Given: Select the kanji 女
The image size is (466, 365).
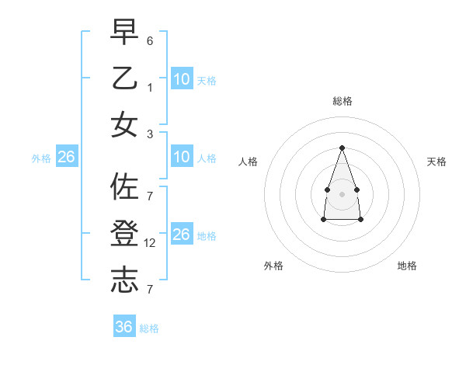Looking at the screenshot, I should [x=124, y=125].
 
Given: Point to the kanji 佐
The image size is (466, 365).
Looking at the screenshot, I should [x=124, y=187].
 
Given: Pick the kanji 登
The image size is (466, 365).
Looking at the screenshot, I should [x=124, y=234].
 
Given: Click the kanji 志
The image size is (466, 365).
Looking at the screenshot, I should [x=124, y=280].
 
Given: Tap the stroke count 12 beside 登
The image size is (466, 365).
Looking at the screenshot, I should [x=151, y=243].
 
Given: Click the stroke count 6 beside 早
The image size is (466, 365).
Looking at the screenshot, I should [x=150, y=40].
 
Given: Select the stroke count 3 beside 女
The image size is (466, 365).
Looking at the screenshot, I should [x=150, y=134].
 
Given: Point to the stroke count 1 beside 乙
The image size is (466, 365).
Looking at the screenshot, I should [x=150, y=87].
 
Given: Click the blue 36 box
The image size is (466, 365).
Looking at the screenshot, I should [x=123, y=327].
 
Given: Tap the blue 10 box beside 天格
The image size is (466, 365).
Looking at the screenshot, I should [x=181, y=79].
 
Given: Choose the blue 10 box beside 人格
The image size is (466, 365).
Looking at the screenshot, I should [x=181, y=158].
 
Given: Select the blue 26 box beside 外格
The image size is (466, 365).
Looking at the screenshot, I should [x=66, y=158].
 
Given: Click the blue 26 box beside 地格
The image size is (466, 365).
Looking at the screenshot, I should [x=181, y=235].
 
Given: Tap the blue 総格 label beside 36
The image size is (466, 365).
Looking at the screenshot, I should [x=149, y=328].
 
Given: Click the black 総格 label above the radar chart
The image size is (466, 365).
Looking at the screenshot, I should [x=342, y=101].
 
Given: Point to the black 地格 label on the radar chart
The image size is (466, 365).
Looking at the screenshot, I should [x=407, y=266].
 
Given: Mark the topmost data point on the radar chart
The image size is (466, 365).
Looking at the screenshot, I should [x=342, y=148].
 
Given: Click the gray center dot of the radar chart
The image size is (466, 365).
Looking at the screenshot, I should [x=342, y=193].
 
